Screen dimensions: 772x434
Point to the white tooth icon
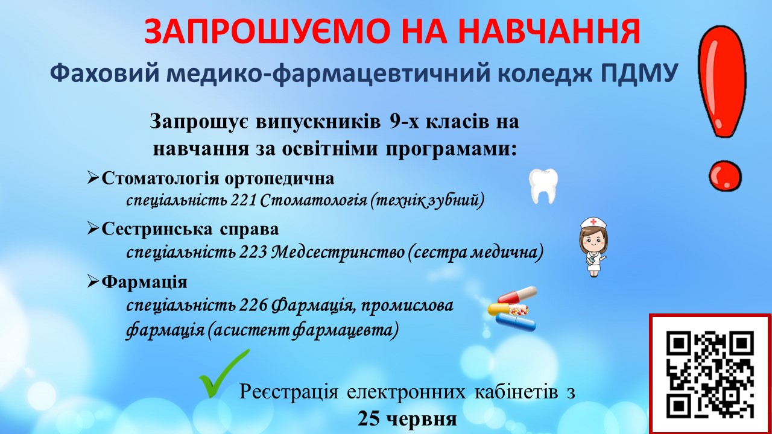point(543,186)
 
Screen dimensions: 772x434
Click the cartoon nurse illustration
point(593,247)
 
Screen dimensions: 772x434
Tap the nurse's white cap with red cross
point(593,223)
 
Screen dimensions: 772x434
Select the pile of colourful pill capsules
point(513,309)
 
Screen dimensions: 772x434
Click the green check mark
point(223,373)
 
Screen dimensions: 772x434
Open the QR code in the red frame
point(710,374)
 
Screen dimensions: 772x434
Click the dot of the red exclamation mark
point(725,175)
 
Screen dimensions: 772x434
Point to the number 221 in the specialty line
point(243,200)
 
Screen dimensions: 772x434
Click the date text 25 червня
point(407,419)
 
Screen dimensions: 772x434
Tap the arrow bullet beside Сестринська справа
point(93,228)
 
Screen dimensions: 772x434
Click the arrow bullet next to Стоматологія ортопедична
point(93,178)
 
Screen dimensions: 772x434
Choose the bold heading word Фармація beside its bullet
point(144,282)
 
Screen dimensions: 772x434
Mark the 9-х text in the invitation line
point(404,122)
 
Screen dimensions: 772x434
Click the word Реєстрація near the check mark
point(289,392)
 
